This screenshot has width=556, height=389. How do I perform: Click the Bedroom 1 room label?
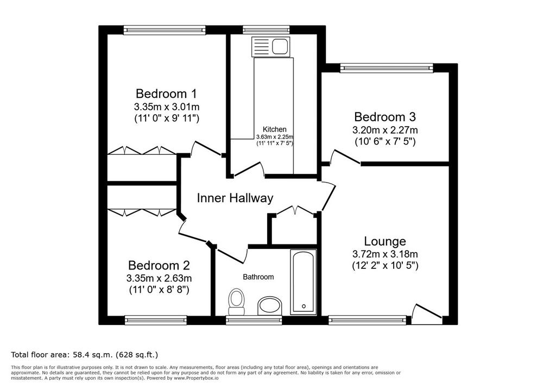pos(166,93)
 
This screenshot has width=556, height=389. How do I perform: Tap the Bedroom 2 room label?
pos(159,266)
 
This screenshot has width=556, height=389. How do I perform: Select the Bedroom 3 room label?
pos(385,117)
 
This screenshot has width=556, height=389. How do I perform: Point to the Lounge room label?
pos(385,241)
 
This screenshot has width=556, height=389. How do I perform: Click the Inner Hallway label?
pos(235,198)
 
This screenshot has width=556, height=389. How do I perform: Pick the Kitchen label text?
pos(274,129)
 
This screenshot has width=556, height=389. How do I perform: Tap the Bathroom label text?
pos(258,277)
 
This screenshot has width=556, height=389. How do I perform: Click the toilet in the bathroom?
pos(236,302)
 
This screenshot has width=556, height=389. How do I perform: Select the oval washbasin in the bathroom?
pos(270,305)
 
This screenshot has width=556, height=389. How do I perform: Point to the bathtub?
pos(303,282)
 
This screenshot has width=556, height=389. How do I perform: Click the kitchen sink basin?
pos(280,46)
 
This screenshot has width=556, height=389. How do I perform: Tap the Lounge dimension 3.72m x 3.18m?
pos(385,254)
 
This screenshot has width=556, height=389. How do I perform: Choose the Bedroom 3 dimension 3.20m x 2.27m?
pos(385,130)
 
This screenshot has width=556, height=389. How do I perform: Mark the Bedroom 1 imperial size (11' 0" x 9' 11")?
pos(166,118)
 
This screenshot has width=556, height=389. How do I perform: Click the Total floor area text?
pos(84,355)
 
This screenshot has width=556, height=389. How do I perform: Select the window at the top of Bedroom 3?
pos(387,68)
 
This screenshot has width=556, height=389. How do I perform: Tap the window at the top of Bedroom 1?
pos(165,30)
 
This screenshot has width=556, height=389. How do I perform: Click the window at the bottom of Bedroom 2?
pos(156,320)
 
